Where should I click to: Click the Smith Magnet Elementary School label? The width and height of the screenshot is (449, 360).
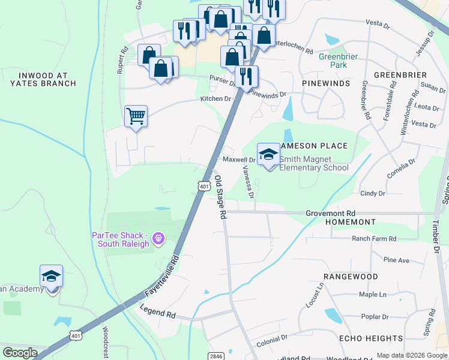[313, 164]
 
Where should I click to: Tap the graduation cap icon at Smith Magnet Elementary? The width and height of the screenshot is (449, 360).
[268, 154]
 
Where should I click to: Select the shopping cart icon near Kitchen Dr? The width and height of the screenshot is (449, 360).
[136, 116]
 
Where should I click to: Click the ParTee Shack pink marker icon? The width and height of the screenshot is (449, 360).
[158, 239]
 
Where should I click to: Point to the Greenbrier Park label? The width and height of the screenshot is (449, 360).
[333, 61]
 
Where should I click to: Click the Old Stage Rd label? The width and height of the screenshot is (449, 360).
[220, 197]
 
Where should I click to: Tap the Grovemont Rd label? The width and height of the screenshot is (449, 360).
[330, 213]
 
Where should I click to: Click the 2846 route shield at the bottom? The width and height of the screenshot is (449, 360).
[217, 356]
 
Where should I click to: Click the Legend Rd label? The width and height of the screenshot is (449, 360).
[157, 312]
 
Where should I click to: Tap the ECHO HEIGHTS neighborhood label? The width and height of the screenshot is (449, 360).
[370, 338]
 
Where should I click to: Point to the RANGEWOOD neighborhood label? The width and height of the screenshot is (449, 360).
[351, 277]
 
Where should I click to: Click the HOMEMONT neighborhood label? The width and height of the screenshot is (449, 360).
[350, 222]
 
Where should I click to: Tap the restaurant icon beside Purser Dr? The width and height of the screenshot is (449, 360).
[247, 76]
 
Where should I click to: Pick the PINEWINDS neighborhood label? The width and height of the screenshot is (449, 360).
[326, 83]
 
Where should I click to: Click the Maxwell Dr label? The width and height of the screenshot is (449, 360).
[239, 160]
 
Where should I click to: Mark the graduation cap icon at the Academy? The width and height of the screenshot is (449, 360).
[51, 277]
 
